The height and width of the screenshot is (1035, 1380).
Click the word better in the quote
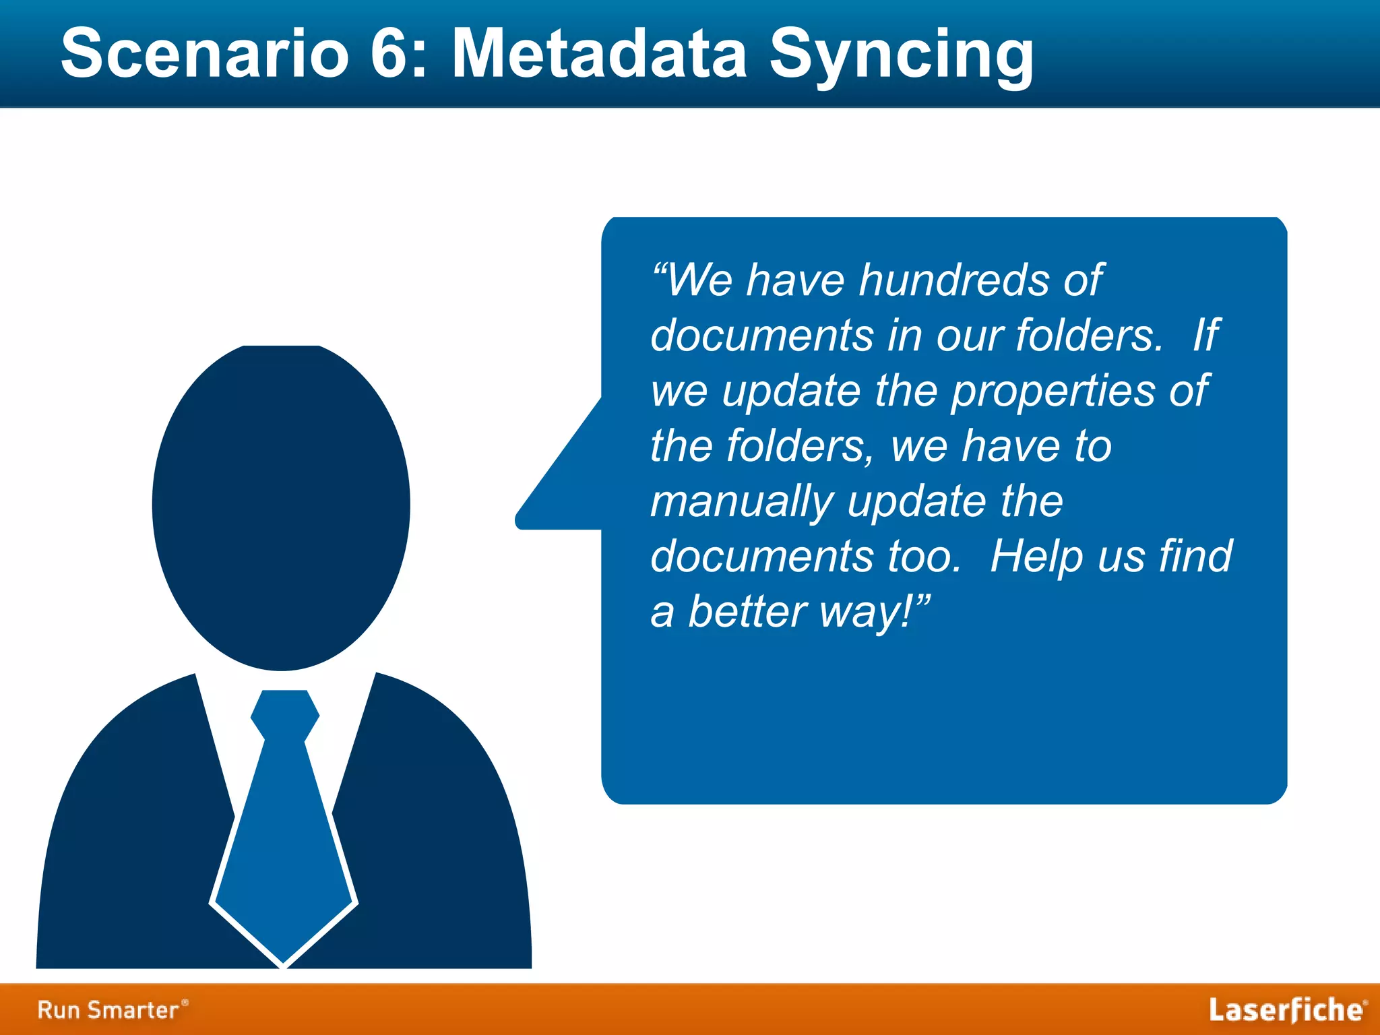[x=747, y=612]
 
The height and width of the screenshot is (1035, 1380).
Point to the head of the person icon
[x=281, y=505]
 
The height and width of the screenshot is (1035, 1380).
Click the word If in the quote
[x=1205, y=335]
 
